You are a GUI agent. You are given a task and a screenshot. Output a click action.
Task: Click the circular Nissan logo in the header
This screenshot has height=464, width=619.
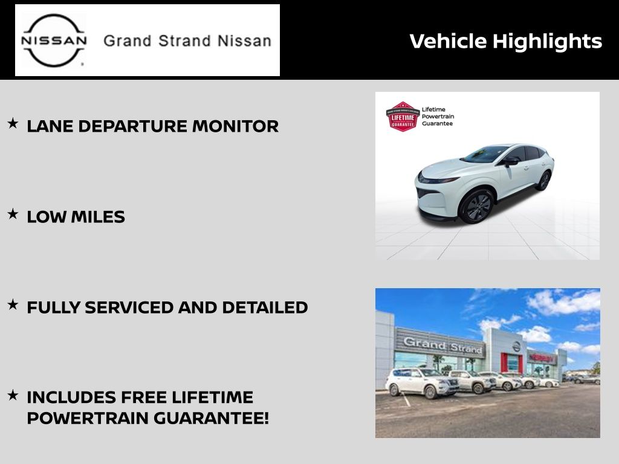tap(54, 40)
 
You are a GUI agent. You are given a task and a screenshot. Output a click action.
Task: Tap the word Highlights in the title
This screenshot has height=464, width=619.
tap(547, 42)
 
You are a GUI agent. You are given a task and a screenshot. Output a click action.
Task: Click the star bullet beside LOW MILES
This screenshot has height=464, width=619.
tap(13, 214)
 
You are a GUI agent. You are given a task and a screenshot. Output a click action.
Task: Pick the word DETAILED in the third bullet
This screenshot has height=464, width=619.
tap(265, 308)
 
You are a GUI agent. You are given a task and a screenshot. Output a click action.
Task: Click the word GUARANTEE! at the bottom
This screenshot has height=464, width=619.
tap(211, 418)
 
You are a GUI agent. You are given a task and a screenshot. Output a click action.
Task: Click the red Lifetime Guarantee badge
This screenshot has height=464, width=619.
tap(403, 117)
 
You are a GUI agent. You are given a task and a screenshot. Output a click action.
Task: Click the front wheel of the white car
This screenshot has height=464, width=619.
tap(477, 207)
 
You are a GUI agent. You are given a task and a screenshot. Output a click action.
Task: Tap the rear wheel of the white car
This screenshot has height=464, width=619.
tap(545, 181)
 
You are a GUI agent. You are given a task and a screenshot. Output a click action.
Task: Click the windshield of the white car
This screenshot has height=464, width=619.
tap(485, 154)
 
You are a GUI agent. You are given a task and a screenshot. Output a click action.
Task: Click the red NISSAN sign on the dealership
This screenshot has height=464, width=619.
tap(542, 358)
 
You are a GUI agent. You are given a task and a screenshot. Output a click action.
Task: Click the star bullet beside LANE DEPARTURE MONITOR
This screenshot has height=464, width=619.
tap(13, 123)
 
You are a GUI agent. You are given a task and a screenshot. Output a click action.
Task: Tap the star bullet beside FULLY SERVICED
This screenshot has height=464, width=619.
tap(13, 304)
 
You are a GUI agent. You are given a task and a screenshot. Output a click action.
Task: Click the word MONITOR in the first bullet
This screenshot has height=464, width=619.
tap(235, 126)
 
